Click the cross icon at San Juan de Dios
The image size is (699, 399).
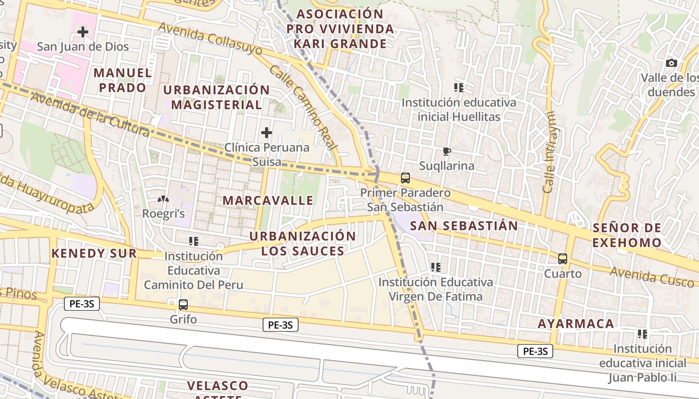[x=83, y=32]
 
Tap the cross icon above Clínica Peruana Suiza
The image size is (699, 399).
[x=267, y=133]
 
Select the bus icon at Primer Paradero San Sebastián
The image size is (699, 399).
[x=405, y=178]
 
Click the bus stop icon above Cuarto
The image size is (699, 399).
[x=563, y=259]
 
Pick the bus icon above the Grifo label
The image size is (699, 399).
[x=183, y=304]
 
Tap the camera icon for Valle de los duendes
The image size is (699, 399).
[x=672, y=63]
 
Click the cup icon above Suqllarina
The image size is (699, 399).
[x=447, y=151]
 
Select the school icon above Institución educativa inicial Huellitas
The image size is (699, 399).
[x=459, y=88]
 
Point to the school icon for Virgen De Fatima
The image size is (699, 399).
[x=436, y=267]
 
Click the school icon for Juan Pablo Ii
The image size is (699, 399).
[x=643, y=334]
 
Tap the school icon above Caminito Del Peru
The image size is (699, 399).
[x=194, y=241]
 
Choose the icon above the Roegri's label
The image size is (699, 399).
[x=163, y=199]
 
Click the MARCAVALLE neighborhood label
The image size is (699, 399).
[x=268, y=200]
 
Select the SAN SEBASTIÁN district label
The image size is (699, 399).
[x=464, y=225]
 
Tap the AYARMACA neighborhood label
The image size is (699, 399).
[x=576, y=324]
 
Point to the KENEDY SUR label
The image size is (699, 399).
[x=94, y=253]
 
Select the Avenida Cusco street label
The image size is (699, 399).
[x=652, y=277]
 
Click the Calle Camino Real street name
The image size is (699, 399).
[x=304, y=107]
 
